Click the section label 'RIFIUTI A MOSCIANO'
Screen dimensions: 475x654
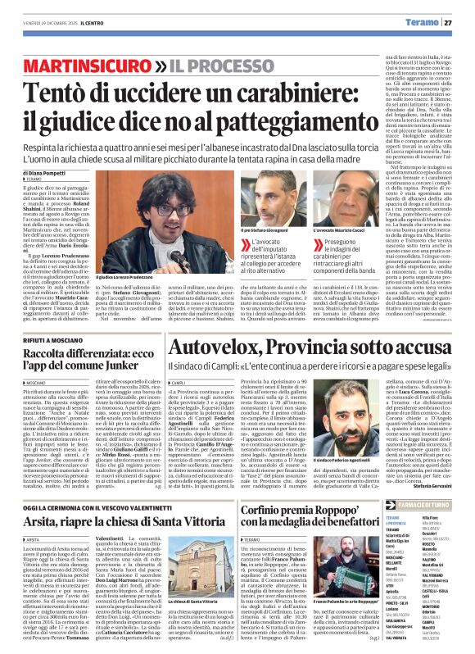pyautogui.click(x=52, y=314)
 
